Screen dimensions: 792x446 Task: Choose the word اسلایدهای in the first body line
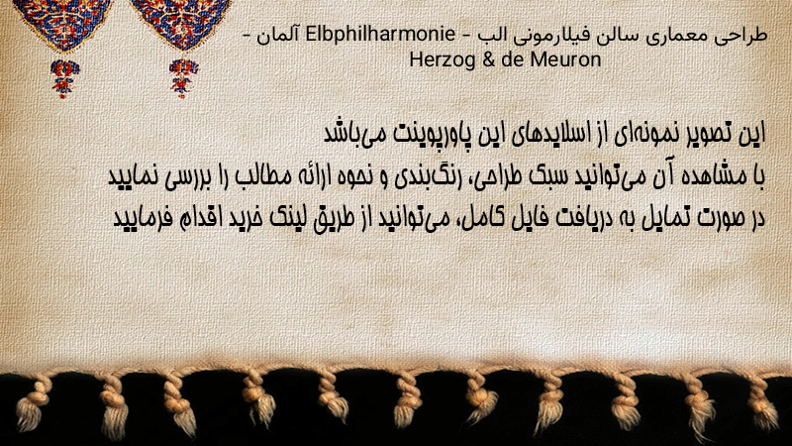550,135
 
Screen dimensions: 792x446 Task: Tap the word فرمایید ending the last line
134,218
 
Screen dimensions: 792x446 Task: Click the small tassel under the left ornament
63,78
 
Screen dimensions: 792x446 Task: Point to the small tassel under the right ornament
183,78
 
